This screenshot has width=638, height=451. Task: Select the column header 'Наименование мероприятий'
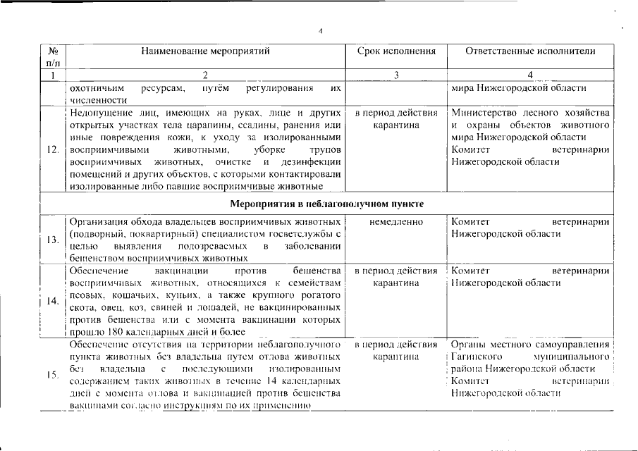(205, 51)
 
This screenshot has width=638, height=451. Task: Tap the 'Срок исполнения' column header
(397, 51)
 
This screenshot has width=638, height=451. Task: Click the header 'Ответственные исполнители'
(531, 51)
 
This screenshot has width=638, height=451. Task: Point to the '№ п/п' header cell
(52, 57)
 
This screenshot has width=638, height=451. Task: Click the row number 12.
(52, 149)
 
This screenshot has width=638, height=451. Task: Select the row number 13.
(52, 240)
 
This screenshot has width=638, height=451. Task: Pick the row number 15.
(52, 375)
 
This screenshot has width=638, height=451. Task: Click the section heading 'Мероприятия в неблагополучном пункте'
(327, 204)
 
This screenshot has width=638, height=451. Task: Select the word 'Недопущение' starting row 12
(101, 112)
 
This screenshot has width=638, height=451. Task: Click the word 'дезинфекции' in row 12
(316, 161)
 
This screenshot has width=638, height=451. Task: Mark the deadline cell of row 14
(396, 277)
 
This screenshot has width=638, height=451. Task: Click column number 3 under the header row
(396, 75)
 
